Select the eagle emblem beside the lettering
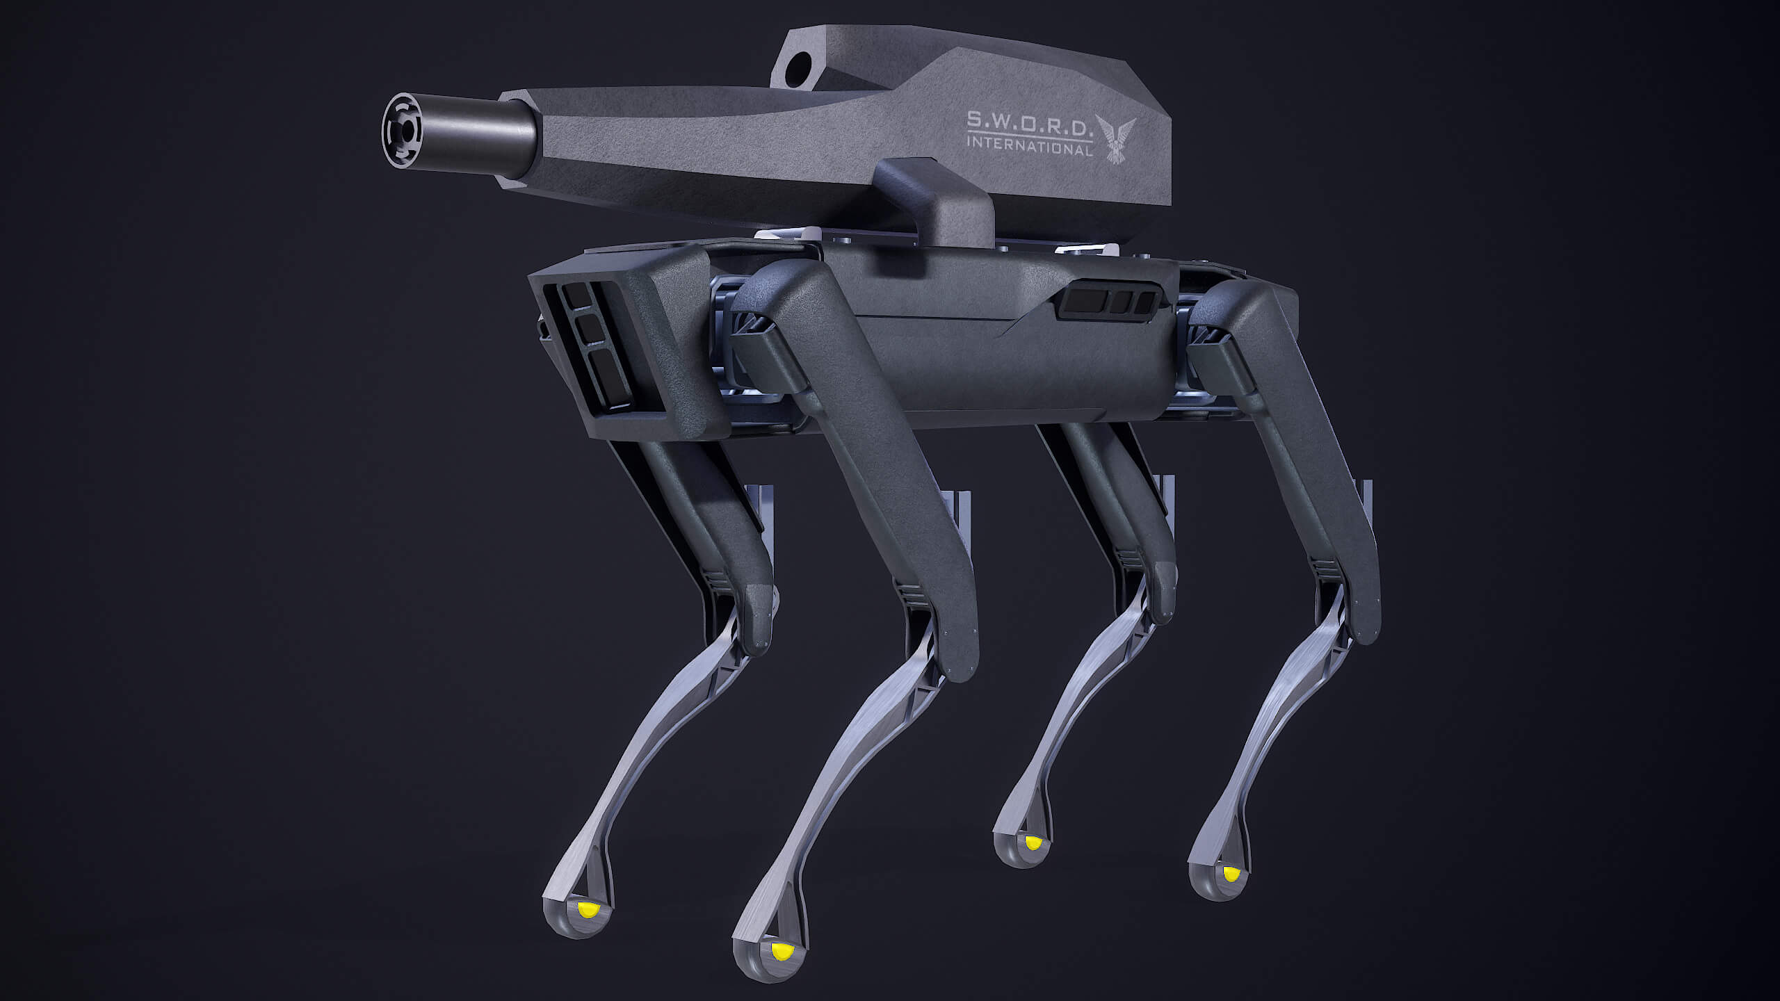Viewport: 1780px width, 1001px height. pos(1115,138)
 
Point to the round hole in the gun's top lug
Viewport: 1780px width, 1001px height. pos(800,67)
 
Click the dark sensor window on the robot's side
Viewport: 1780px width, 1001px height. pos(1106,302)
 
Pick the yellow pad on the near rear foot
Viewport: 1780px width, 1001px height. pos(1231,872)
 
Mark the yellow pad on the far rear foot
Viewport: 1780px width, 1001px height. pos(1034,843)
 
